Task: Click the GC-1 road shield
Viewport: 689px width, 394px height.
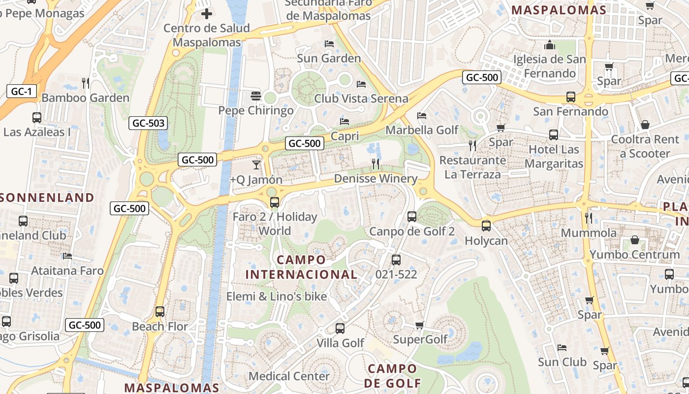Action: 22,91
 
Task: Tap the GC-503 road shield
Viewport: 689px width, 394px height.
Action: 148,123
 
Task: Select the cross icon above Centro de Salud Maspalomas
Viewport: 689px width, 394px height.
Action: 207,13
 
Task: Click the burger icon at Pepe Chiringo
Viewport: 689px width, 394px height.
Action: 255,96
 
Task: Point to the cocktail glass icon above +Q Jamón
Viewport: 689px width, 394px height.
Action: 256,164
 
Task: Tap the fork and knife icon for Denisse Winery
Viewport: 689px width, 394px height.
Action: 376,164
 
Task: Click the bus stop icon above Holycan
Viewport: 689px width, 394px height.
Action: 486,226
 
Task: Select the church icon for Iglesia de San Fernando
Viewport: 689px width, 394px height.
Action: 550,45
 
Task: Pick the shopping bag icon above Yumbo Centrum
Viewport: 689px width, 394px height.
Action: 635,240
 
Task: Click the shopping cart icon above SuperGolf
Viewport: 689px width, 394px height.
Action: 420,325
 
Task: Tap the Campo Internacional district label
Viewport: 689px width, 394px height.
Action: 301,267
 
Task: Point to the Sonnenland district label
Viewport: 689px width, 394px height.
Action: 47,197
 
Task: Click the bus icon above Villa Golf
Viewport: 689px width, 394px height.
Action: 340,328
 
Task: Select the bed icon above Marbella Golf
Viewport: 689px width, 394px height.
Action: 422,116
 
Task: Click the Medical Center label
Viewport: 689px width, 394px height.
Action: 289,376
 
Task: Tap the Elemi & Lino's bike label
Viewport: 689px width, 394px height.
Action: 277,296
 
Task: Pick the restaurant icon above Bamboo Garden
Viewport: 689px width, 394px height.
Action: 86,83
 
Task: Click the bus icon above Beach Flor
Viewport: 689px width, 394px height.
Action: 160,312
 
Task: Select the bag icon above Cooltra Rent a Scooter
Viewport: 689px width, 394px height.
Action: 645,125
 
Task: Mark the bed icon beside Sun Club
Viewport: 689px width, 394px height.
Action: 562,348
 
